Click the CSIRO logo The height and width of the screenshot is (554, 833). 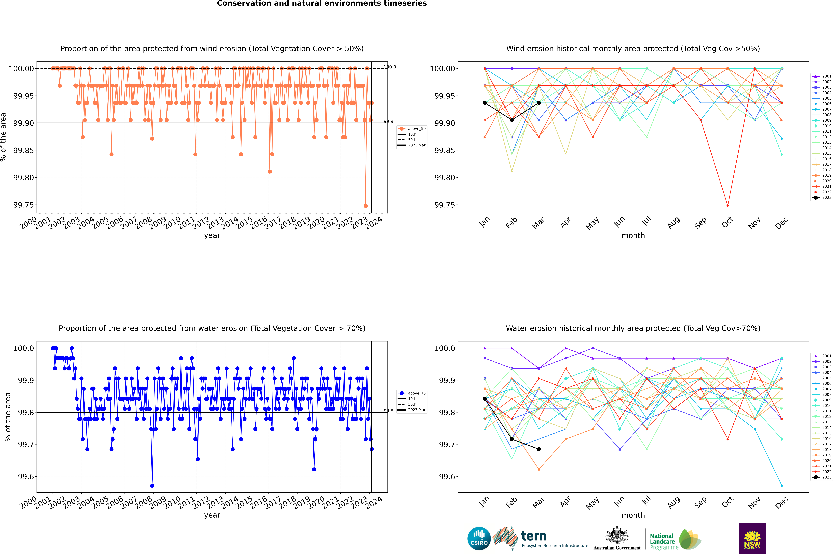(x=479, y=538)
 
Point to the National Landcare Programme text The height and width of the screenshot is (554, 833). (x=662, y=541)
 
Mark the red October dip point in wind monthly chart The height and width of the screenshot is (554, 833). (x=728, y=206)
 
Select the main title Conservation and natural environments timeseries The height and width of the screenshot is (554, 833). (x=322, y=4)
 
